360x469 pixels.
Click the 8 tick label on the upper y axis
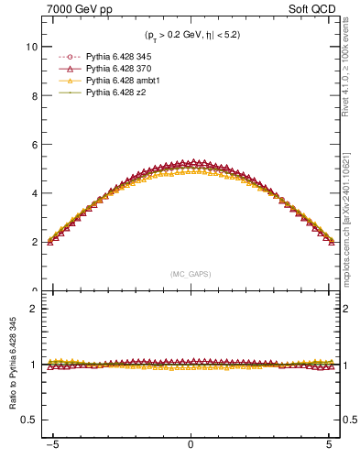click(35, 95)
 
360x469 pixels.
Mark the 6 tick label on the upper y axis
click(35, 145)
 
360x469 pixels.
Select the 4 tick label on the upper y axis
click(35, 193)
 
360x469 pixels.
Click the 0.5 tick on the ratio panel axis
click(30, 420)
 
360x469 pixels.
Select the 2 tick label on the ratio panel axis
click(35, 309)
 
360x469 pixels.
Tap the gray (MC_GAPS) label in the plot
click(191, 274)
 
